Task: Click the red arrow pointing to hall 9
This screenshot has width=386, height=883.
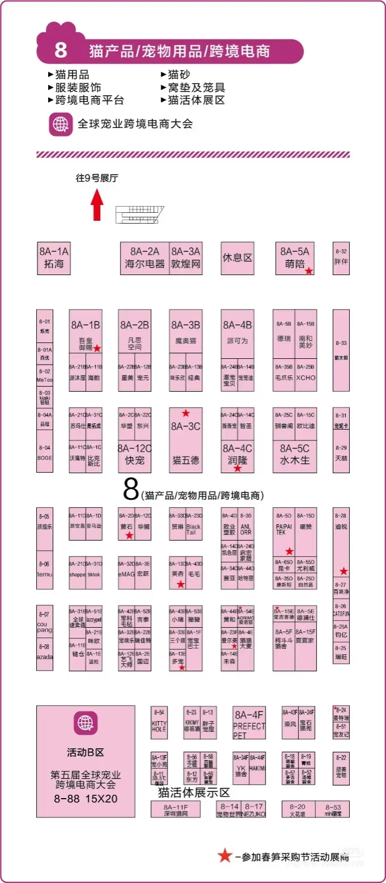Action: tap(97, 205)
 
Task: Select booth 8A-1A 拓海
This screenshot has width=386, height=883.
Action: tap(54, 258)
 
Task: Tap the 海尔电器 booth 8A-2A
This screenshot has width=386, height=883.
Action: tap(144, 258)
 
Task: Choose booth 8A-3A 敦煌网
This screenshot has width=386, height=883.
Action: tap(186, 258)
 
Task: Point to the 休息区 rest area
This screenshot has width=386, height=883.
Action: tap(237, 258)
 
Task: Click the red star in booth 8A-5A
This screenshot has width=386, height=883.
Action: tap(308, 271)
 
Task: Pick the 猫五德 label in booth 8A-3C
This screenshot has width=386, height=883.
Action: tap(186, 460)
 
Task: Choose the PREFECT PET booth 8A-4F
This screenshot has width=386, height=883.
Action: tap(248, 722)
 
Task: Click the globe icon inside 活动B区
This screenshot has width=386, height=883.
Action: tap(85, 722)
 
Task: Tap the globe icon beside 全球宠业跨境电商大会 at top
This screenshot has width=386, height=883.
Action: tap(61, 123)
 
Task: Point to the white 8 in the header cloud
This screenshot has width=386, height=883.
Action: tap(61, 51)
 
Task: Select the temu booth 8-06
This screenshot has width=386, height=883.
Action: tap(44, 569)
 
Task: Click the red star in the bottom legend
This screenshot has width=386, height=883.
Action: tap(225, 855)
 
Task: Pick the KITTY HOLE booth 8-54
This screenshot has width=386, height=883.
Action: tap(159, 722)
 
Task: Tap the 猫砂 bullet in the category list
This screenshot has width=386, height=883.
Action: tap(178, 75)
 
